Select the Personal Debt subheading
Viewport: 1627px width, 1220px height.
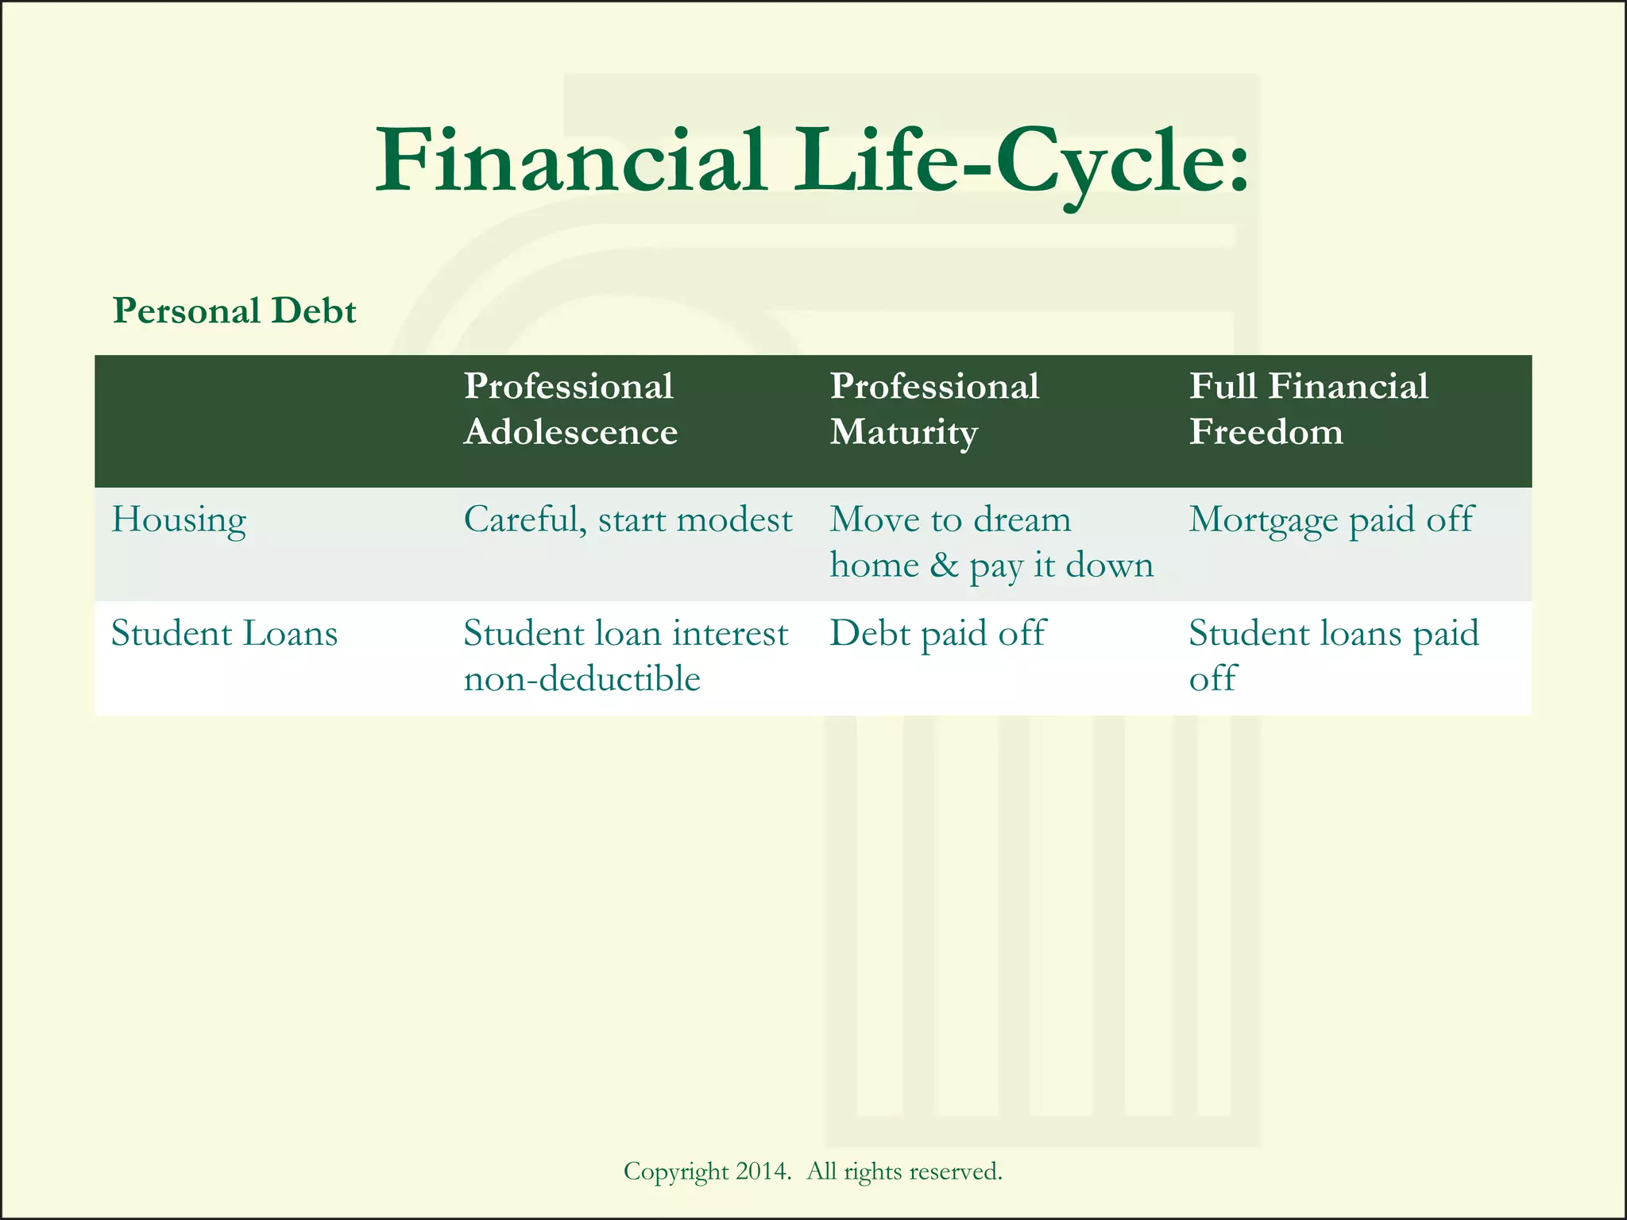(x=234, y=311)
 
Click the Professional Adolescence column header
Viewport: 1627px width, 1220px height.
(x=570, y=409)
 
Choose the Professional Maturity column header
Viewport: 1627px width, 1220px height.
(x=934, y=409)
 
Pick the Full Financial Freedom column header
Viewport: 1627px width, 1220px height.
(x=1308, y=409)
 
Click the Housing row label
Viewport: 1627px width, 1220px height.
(x=179, y=520)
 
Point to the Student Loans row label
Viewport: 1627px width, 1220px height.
(x=224, y=634)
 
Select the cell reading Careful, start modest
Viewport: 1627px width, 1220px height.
(x=628, y=520)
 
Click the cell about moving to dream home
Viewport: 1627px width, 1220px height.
(x=990, y=542)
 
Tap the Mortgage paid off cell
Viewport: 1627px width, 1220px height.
(x=1331, y=520)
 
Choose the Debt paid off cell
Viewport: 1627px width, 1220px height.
(x=937, y=634)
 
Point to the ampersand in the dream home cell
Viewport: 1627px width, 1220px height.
(x=944, y=566)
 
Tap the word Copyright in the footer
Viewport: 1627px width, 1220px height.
(x=675, y=1172)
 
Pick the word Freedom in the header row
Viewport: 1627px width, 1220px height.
(x=1266, y=432)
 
